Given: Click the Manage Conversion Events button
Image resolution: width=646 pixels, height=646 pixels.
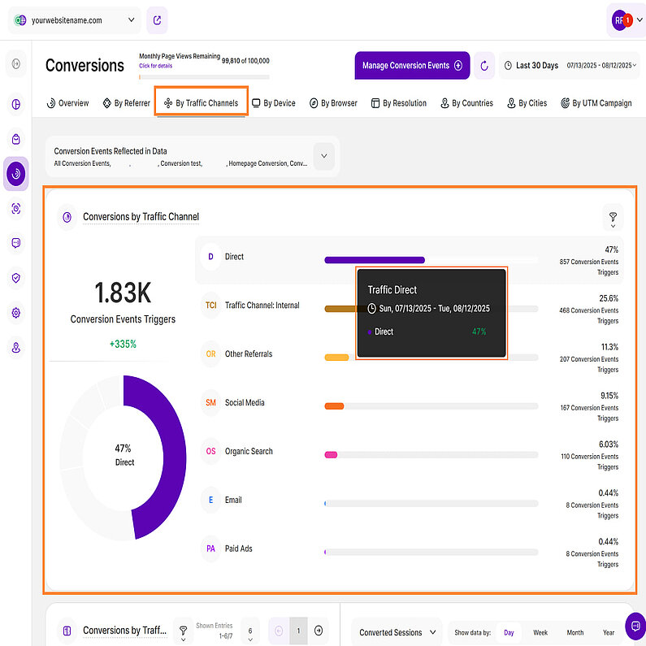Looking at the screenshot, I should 412,66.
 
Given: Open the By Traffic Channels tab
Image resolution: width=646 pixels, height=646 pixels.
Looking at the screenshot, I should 201,103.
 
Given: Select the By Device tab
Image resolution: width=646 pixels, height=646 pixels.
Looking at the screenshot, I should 274,103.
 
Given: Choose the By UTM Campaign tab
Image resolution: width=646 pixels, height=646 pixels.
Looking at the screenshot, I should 596,103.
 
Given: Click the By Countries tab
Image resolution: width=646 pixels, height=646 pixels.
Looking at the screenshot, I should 467,103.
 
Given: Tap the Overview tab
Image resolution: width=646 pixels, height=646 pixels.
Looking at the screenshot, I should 67,103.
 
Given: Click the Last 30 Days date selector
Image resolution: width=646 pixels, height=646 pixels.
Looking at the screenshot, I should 536,66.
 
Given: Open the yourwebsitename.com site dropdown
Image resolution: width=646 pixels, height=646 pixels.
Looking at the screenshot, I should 75,20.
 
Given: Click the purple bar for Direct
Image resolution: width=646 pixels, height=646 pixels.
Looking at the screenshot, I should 374,260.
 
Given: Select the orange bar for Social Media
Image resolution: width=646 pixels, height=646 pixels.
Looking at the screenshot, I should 334,405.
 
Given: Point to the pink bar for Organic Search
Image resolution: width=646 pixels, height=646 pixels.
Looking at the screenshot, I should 331,454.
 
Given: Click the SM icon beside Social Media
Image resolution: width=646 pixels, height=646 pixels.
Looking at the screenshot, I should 210,403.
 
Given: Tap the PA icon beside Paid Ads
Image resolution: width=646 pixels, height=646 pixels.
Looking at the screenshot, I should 210,549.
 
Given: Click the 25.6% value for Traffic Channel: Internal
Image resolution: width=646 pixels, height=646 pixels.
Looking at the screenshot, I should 609,298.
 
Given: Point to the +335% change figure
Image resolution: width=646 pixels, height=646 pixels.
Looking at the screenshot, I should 123,344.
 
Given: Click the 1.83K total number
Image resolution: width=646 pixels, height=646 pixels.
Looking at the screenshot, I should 123,293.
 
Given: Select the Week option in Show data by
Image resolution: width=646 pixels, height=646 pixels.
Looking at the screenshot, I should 540,632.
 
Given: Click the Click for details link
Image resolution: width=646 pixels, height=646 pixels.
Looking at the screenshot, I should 155,65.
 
